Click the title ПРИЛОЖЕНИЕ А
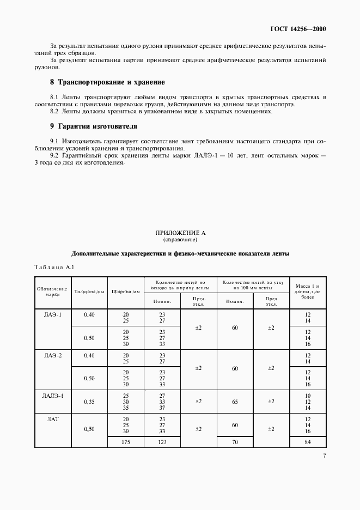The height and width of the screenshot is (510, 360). [x=180, y=233]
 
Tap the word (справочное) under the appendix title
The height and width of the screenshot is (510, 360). [x=180, y=239]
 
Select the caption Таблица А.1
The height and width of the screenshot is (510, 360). [x=57, y=267]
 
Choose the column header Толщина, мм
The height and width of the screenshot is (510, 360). [x=89, y=292]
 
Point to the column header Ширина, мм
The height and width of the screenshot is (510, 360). [x=126, y=292]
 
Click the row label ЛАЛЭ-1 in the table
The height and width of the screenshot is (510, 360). [x=53, y=395]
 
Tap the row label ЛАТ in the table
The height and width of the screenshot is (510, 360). [x=53, y=419]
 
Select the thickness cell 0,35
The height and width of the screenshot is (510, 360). [x=89, y=402]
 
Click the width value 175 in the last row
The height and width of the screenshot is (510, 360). [x=126, y=442]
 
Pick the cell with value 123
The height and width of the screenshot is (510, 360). [x=162, y=442]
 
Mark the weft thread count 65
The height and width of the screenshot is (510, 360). [x=235, y=402]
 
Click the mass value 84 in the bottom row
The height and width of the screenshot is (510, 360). [x=308, y=442]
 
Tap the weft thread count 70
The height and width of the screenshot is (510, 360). [x=235, y=442]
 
